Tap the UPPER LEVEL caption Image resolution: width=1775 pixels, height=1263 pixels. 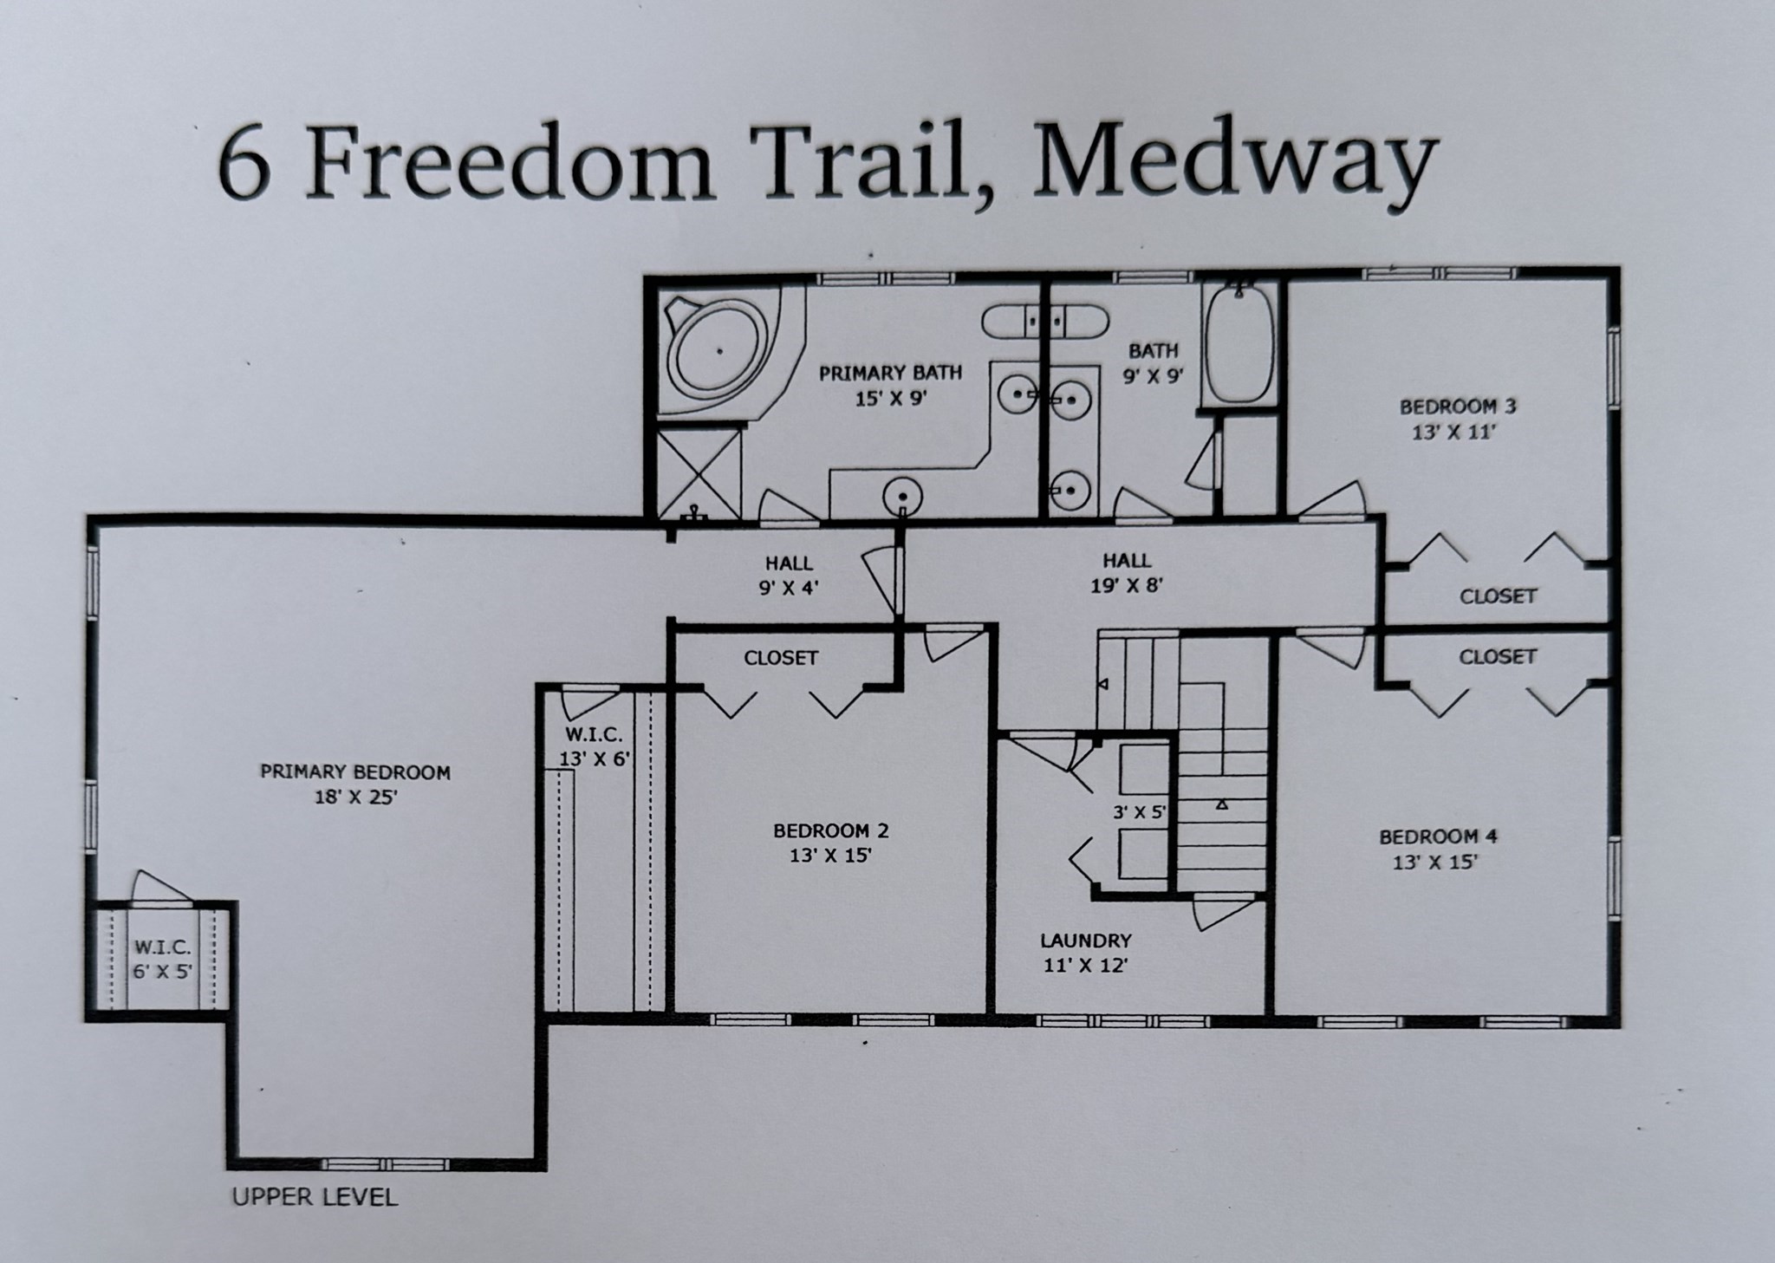click(x=315, y=1197)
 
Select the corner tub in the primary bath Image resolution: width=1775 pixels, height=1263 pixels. click(x=720, y=352)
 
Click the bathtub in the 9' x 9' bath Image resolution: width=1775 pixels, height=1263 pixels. click(x=1239, y=348)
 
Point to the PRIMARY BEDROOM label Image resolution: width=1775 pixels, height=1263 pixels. click(x=355, y=771)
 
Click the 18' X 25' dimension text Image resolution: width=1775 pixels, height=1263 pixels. click(x=355, y=797)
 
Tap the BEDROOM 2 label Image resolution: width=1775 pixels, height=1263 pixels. click(x=831, y=830)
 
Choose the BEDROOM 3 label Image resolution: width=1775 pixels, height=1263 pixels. click(x=1458, y=406)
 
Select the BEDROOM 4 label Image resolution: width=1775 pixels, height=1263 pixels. click(x=1439, y=837)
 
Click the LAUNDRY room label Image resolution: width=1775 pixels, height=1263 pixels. click(x=1086, y=940)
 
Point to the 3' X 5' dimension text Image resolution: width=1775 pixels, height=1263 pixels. click(x=1140, y=812)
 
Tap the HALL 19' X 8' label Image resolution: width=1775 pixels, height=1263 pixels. click(x=1127, y=573)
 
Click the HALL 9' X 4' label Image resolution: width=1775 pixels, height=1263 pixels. click(x=789, y=575)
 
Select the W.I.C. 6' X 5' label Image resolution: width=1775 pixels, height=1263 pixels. click(x=162, y=959)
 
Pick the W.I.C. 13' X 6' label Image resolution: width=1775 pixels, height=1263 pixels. click(x=594, y=746)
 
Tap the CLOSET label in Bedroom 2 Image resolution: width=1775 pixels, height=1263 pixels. click(x=781, y=658)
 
